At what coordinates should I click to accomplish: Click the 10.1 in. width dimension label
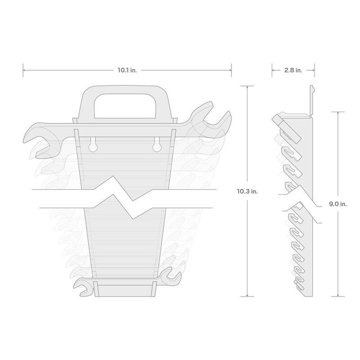127,70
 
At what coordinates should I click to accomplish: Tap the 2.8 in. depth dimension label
293,70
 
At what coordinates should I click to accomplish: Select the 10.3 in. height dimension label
247,191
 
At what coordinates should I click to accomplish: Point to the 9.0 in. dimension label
338,204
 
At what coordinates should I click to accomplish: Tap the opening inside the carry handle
125,106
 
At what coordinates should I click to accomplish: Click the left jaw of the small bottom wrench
81,287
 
